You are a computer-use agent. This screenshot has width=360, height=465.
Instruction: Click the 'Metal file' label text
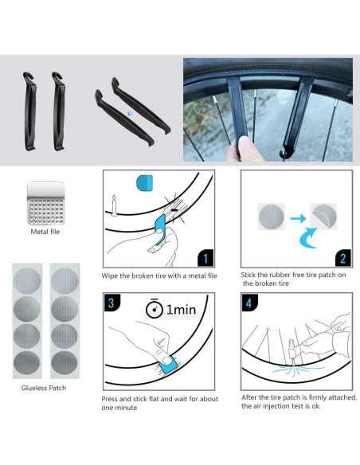(45, 232)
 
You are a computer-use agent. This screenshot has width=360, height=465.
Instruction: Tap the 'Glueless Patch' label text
(44, 388)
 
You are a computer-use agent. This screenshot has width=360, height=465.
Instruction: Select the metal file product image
(45, 203)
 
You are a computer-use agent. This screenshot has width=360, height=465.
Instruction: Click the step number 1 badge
(205, 258)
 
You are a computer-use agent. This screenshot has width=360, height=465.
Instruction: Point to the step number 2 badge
(343, 258)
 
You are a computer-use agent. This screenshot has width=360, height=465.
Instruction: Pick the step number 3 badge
(112, 303)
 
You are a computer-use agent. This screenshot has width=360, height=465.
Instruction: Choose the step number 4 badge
(249, 303)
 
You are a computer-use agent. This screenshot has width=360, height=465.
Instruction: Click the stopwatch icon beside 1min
(154, 308)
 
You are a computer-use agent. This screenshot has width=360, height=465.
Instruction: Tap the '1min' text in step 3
(181, 310)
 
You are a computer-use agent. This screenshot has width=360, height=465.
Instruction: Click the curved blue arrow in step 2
(308, 238)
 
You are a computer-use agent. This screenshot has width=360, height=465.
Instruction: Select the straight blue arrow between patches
(298, 218)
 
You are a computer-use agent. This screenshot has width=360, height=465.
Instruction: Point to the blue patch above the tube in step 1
(144, 183)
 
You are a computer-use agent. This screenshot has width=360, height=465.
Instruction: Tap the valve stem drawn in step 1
(114, 205)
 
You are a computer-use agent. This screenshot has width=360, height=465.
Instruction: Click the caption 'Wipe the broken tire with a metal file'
(159, 275)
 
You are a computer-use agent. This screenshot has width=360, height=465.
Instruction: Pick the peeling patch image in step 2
(323, 217)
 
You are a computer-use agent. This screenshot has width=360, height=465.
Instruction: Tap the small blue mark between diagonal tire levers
(130, 113)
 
